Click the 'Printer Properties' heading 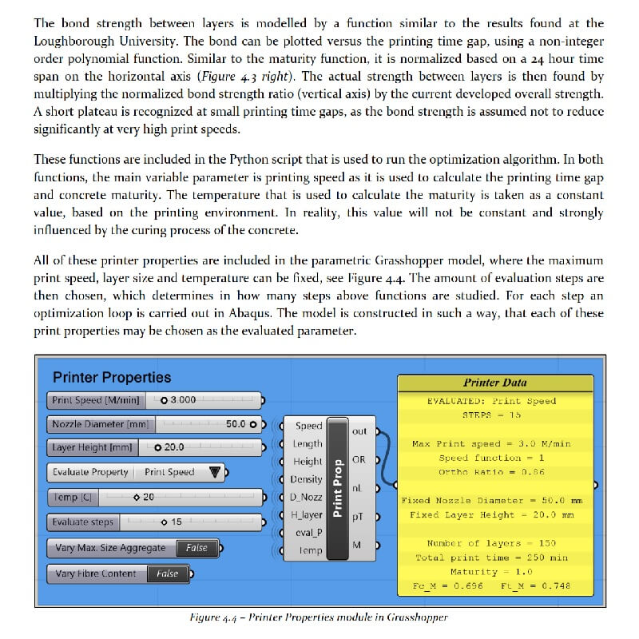(x=112, y=377)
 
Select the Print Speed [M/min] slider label (x=95, y=400)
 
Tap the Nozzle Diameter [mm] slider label (x=101, y=424)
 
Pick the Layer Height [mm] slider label (x=92, y=448)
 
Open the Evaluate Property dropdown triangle (x=214, y=472)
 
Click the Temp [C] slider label (x=73, y=497)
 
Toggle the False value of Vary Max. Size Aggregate (x=196, y=548)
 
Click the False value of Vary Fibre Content (x=168, y=574)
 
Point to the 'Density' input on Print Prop (x=307, y=479)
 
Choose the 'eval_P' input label (x=308, y=533)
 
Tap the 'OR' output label (x=359, y=460)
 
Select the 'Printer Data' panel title (x=495, y=383)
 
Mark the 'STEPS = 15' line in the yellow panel (x=491, y=415)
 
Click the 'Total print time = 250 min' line (x=491, y=558)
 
